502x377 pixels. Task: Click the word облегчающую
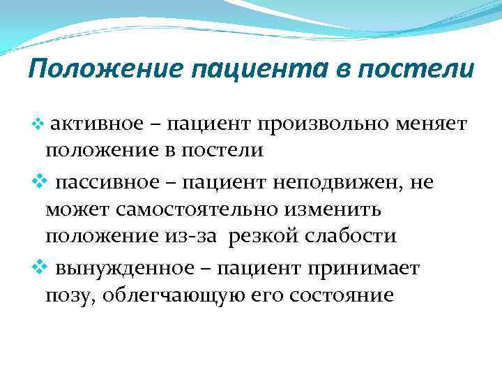[x=164, y=295]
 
